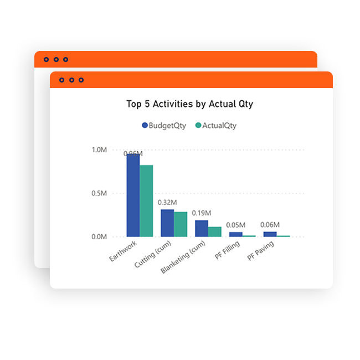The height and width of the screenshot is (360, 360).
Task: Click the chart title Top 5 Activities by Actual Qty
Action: coord(189,104)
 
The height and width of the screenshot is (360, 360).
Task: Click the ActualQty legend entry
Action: coord(215,126)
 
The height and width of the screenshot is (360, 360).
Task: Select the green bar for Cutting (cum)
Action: coord(181,224)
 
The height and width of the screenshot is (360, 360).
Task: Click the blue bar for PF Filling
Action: coord(236,234)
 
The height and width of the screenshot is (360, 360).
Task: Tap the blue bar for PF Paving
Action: coord(270,234)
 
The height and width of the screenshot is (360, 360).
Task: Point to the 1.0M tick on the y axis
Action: coord(99,150)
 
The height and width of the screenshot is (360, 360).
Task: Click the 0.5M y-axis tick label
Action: coord(99,193)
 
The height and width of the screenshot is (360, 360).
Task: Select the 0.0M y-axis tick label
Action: coord(99,236)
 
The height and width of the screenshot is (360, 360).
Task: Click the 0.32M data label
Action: coord(167,203)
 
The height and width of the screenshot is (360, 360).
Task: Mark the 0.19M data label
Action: coord(202,213)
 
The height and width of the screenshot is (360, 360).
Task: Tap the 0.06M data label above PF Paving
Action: coord(270,225)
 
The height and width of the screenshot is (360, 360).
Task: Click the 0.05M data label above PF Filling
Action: coord(236,225)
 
